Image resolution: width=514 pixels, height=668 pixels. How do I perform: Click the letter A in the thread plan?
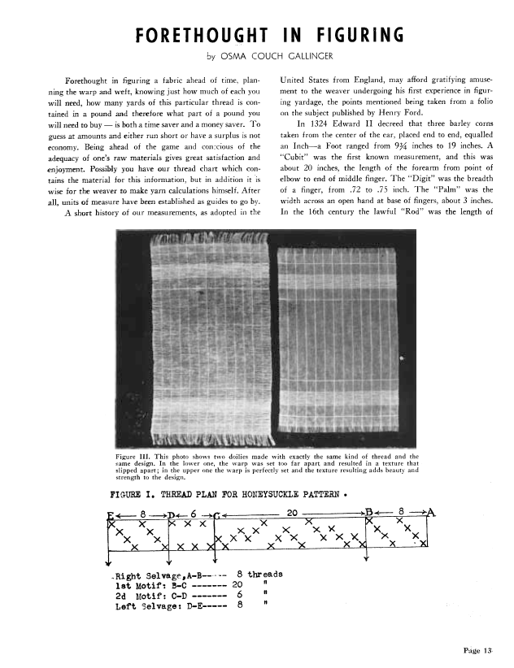pyautogui.click(x=432, y=512)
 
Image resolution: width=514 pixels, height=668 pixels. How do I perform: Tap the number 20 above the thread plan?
pyautogui.click(x=294, y=512)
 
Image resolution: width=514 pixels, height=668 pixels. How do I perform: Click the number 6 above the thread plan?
pyautogui.click(x=194, y=513)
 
